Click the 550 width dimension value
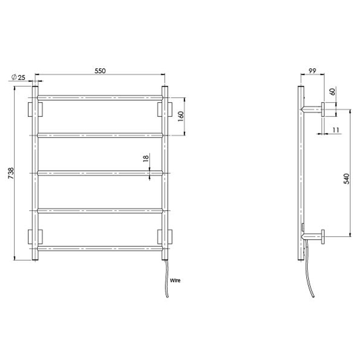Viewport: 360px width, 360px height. coord(100,71)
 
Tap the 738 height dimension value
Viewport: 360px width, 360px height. coord(11,173)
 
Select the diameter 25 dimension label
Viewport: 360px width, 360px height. coord(18,77)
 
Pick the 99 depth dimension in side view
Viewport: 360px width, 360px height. coord(312,71)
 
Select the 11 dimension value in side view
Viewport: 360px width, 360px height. coord(335,130)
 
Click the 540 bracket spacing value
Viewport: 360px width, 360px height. coord(346,179)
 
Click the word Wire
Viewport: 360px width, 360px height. coord(175,281)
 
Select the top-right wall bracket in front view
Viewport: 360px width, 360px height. coord(165,109)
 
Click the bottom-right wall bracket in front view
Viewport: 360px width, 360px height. coord(165,236)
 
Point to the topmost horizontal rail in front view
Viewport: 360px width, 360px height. coord(100,97)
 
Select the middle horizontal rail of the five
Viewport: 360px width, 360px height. coord(100,173)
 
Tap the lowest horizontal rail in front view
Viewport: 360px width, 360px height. coord(100,248)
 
